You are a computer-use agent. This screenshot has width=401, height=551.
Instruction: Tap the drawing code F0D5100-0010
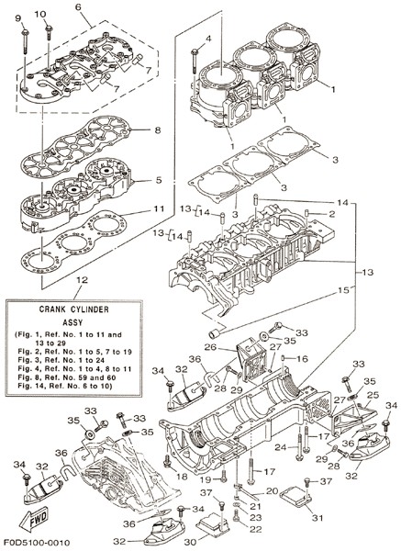[37, 543]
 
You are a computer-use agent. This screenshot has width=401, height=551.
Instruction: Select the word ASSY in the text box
[72, 322]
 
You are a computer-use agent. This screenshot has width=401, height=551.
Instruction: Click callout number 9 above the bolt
[18, 18]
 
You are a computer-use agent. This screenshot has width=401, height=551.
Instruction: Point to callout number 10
[40, 14]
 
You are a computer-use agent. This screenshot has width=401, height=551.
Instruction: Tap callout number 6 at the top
[78, 6]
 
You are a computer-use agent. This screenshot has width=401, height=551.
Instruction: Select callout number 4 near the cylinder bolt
[208, 39]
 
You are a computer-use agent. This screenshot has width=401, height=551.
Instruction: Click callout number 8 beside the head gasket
[158, 130]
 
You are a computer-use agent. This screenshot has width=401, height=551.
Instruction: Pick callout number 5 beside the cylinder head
[159, 180]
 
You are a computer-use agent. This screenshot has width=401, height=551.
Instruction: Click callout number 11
[159, 208]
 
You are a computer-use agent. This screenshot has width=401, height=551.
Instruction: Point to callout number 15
[344, 290]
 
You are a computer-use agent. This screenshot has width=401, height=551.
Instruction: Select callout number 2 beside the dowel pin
[331, 214]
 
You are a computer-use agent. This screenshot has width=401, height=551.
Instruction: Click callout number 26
[210, 347]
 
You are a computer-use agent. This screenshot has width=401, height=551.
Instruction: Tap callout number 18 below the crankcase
[183, 477]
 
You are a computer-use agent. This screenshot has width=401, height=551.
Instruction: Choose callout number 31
[317, 518]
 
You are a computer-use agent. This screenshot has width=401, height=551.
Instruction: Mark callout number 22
[256, 530]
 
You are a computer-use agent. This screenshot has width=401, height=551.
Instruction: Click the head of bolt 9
[26, 32]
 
